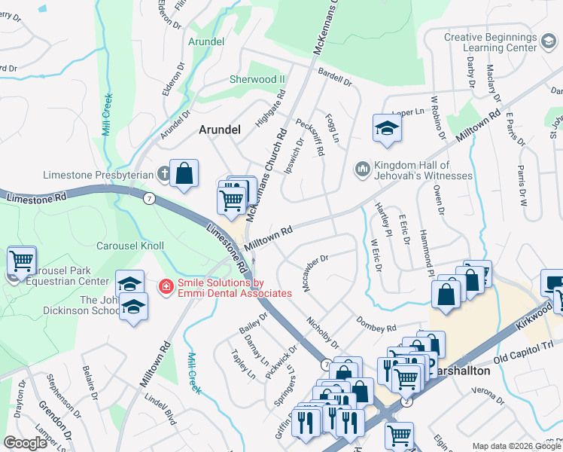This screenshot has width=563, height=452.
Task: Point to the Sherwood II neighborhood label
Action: pos(257,79)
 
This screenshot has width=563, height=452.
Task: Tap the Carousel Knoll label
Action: pos(130,246)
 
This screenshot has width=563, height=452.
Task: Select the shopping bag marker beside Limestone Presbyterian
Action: pos(184,173)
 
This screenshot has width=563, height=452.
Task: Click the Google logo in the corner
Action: pos(26,443)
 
